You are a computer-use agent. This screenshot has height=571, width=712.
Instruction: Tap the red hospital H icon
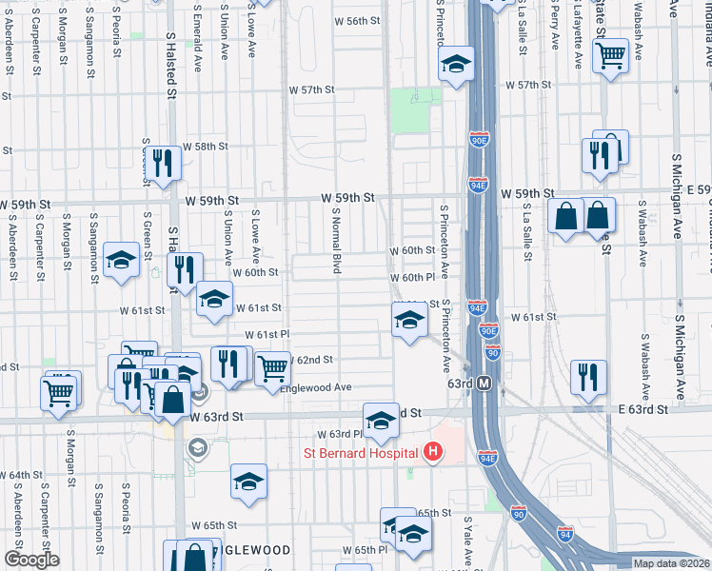(433, 450)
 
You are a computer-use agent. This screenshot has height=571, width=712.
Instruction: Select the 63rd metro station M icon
(484, 383)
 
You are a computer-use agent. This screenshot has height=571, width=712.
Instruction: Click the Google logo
(31, 560)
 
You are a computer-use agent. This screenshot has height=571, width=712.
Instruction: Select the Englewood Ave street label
(324, 387)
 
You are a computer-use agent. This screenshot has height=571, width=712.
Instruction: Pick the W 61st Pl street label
(267, 335)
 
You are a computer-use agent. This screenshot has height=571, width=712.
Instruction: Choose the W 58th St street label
(207, 147)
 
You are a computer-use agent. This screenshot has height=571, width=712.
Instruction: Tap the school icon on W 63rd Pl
(380, 421)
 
